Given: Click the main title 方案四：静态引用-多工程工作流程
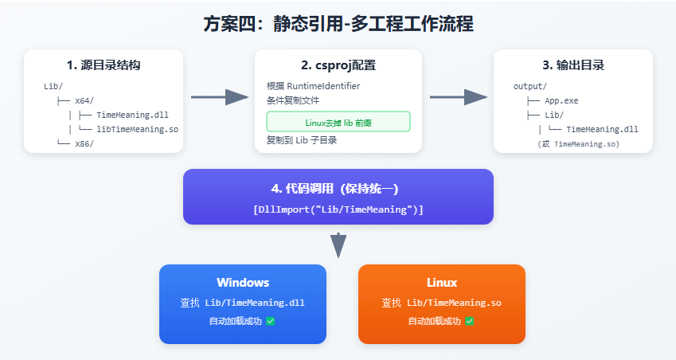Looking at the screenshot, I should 338,24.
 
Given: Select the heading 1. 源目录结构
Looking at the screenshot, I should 104,65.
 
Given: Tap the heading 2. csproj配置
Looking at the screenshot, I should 338,65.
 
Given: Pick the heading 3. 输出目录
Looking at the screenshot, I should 572,65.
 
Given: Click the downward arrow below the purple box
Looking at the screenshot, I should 338,245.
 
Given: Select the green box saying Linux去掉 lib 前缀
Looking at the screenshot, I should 338,122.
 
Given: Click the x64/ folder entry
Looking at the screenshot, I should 84,100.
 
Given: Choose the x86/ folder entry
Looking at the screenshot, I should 84,143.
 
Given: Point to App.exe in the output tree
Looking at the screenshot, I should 562,100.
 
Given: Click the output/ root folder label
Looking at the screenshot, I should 530,86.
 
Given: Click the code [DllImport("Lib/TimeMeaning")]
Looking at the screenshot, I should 338,209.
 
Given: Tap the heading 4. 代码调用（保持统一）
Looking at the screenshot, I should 338,190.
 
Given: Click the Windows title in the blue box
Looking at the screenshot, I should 243,283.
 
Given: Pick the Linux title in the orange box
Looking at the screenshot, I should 441,283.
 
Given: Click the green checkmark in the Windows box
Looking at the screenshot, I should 271,321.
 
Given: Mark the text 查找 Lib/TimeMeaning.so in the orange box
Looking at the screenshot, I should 441,303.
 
